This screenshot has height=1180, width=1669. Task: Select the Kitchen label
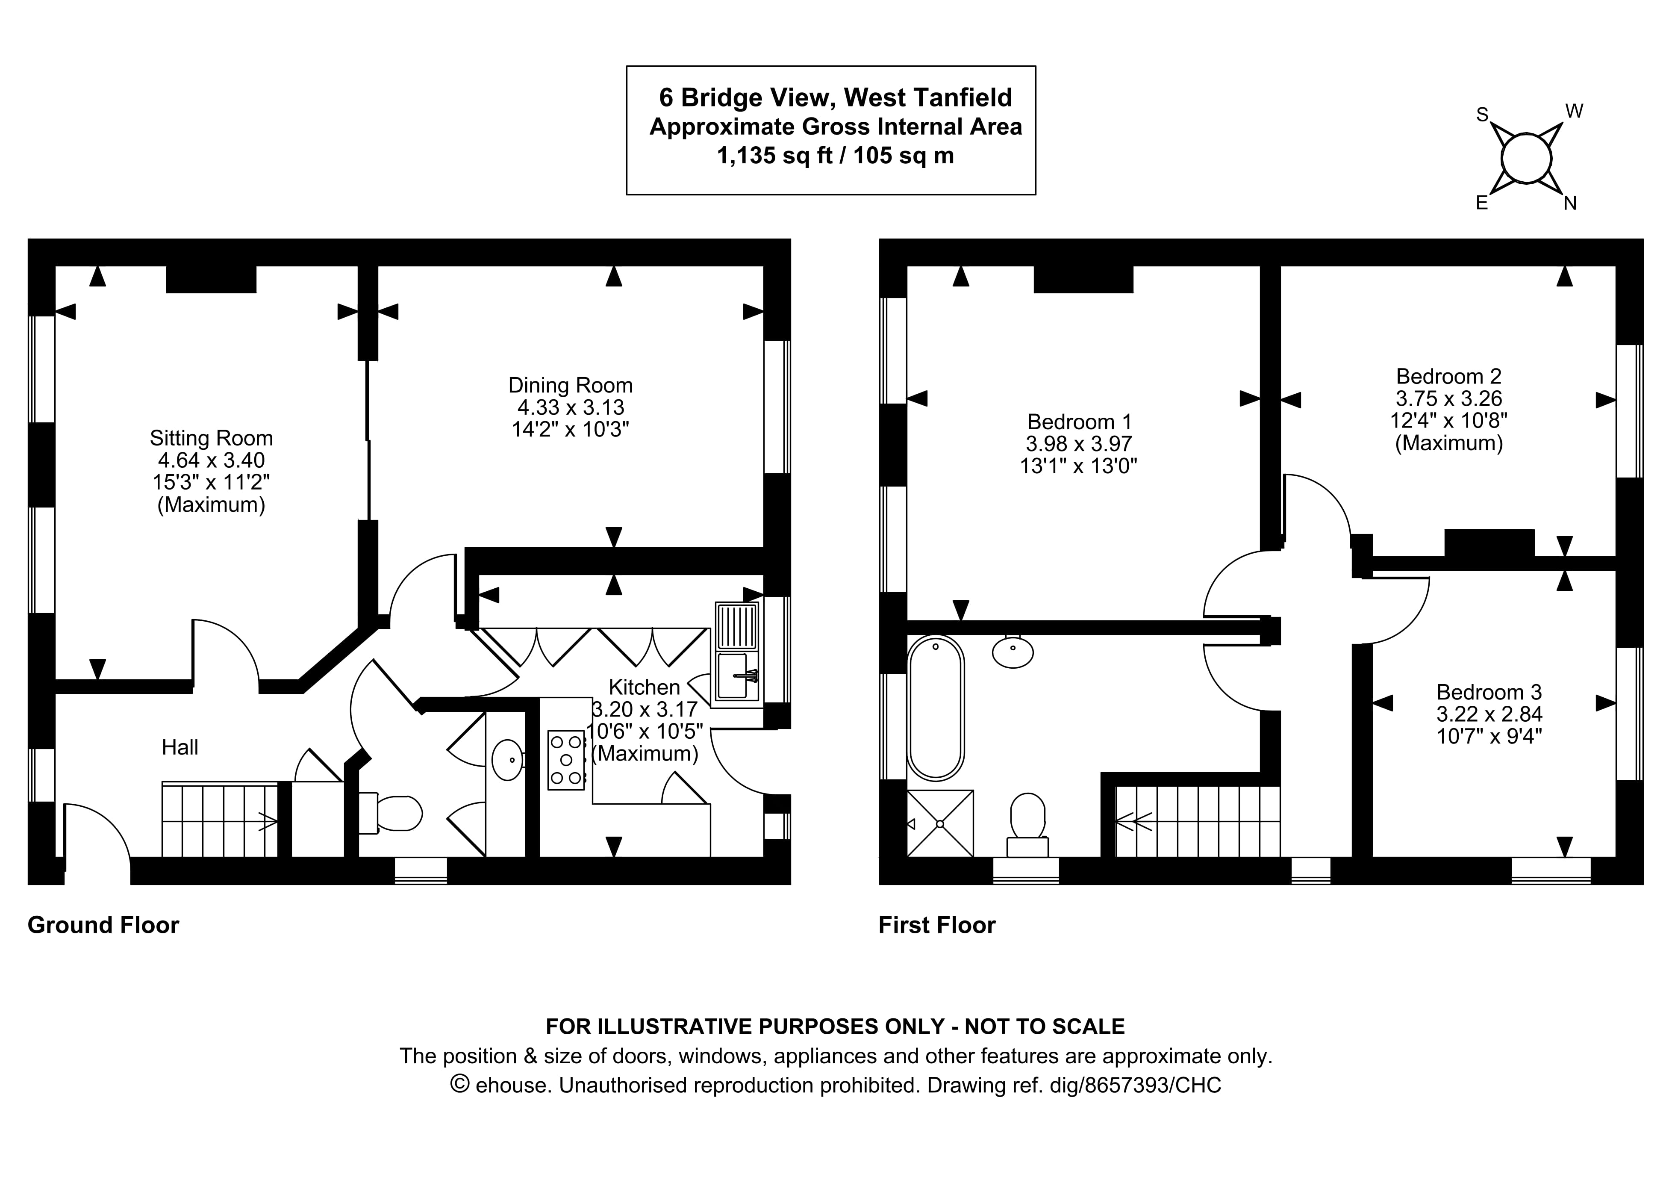644,687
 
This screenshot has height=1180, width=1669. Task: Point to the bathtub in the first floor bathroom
936,708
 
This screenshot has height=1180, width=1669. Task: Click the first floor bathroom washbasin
1013,652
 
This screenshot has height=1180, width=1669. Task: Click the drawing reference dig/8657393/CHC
1136,1086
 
